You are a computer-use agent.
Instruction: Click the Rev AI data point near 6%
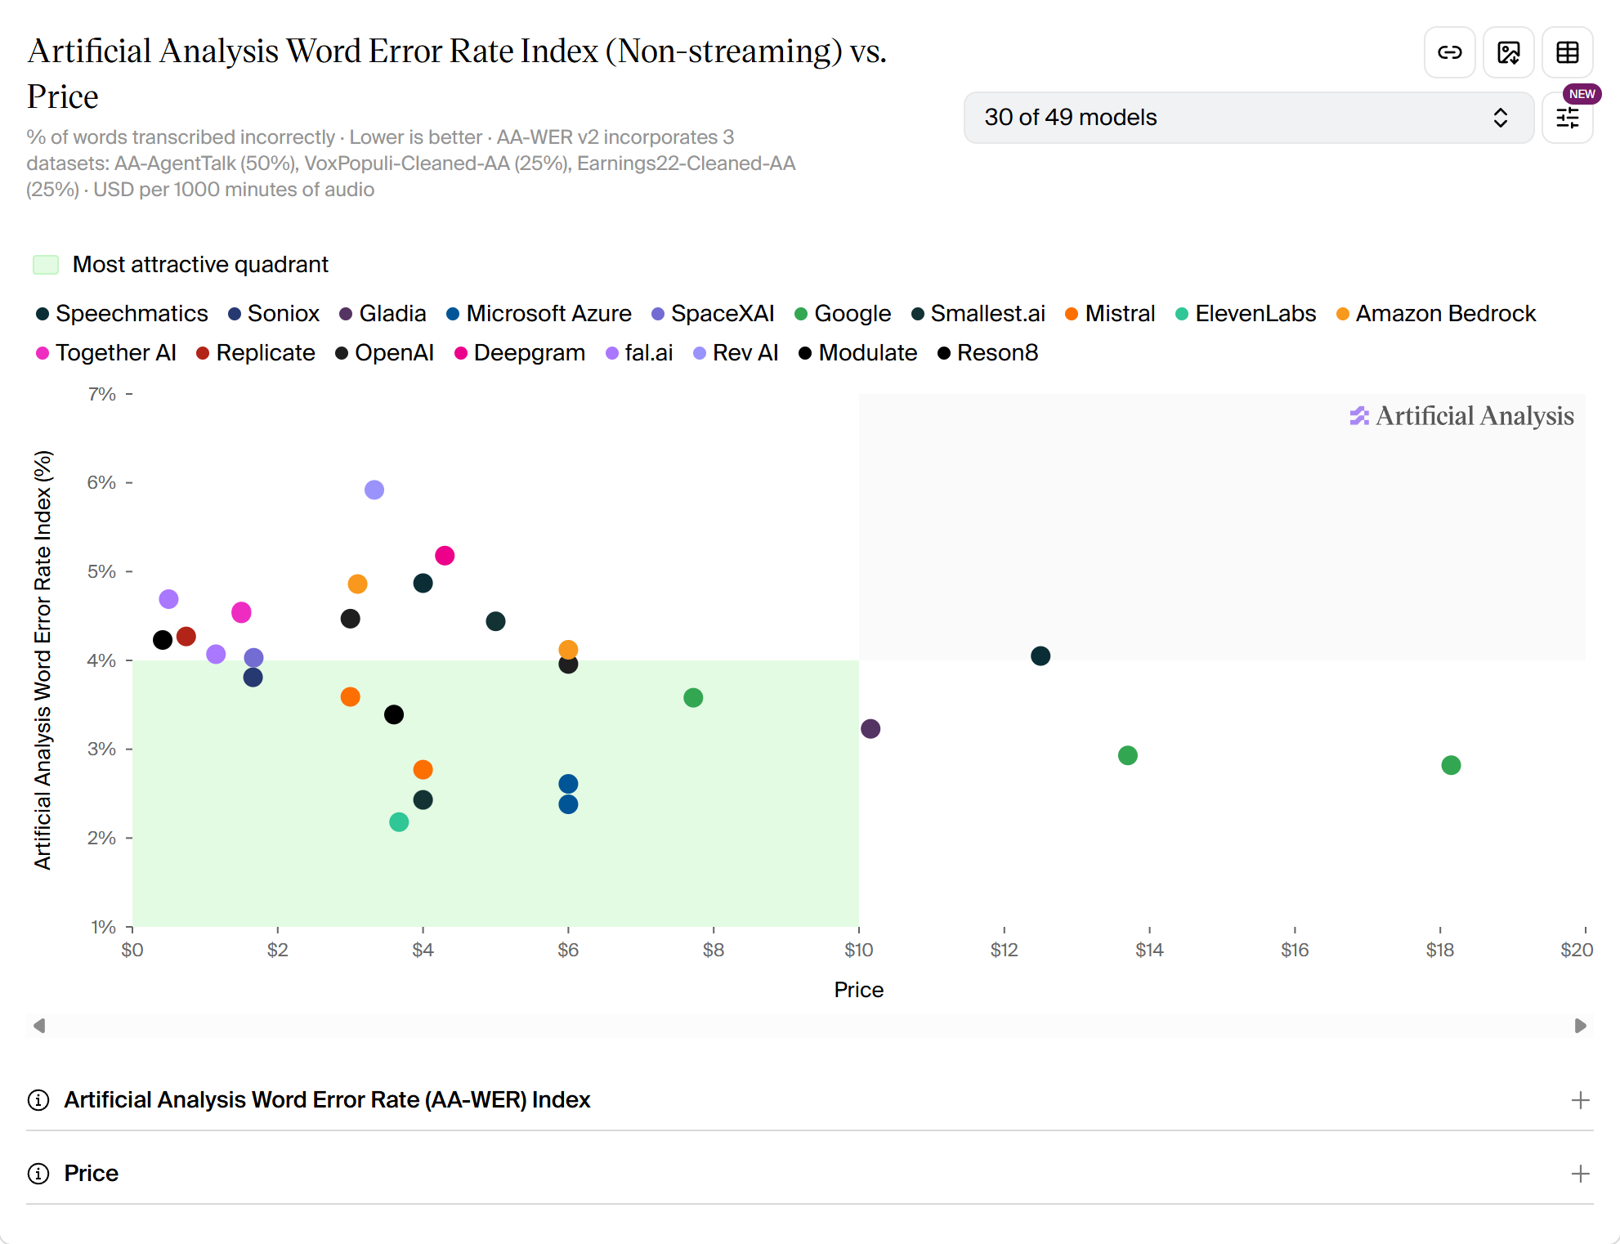[x=374, y=490]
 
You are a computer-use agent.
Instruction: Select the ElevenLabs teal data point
[x=399, y=821]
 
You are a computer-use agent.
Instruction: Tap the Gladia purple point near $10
[x=870, y=728]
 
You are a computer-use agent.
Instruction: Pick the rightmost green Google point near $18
[x=1451, y=765]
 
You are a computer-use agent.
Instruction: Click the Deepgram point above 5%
[x=445, y=556]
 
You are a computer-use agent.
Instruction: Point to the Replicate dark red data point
[x=186, y=636]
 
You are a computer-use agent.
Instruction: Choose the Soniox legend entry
[x=274, y=314]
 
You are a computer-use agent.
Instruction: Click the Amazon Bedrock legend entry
[x=1436, y=314]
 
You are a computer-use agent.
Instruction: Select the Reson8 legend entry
[x=987, y=353]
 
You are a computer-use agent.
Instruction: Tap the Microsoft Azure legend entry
[x=539, y=314]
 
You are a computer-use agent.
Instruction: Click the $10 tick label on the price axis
[x=859, y=950]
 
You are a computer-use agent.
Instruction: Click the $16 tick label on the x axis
[x=1295, y=950]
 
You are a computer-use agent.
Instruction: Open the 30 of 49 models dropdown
[x=1248, y=118]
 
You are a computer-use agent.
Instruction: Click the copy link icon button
[x=1450, y=52]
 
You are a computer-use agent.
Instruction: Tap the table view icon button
[x=1568, y=52]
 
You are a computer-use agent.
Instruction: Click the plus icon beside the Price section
[x=1581, y=1174]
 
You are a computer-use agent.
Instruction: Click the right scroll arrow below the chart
[x=1581, y=1026]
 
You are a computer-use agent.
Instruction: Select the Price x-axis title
[x=859, y=990]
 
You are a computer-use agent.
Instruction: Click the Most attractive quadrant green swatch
[x=46, y=265]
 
